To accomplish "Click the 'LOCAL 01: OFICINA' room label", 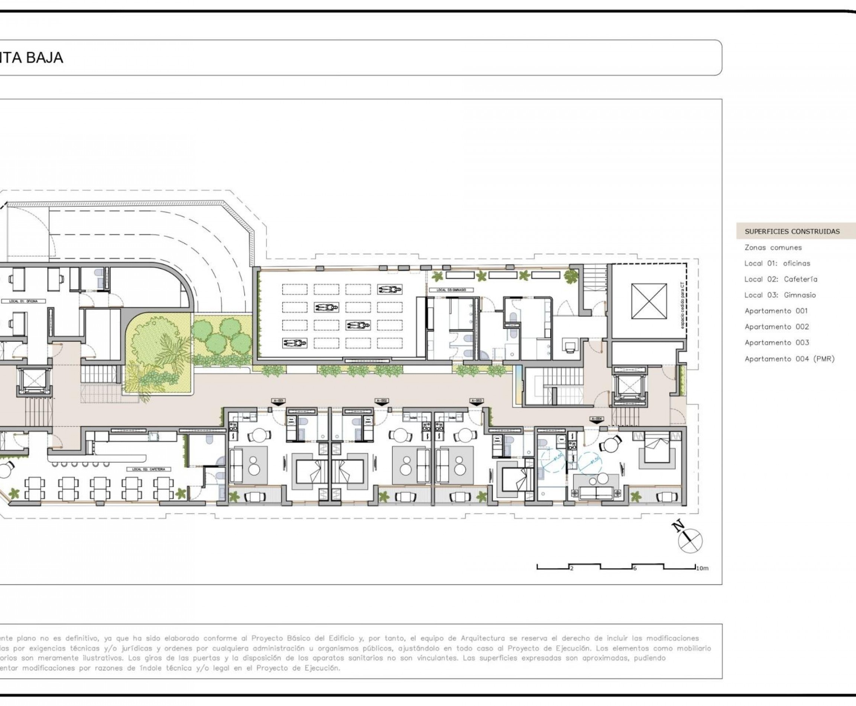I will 23,301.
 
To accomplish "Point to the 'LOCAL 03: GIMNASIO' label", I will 451,290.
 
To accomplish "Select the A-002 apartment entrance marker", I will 381,401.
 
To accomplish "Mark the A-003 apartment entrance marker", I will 477,401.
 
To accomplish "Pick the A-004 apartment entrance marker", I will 597,419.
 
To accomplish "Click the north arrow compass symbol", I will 690,541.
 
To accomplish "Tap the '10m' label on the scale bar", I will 702,568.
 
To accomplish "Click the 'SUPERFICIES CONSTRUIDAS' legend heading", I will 792,231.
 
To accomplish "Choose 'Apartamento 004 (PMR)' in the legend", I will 789,359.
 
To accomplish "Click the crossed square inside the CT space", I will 649,301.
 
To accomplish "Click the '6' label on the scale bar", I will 634,568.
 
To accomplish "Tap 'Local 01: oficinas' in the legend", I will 777,263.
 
